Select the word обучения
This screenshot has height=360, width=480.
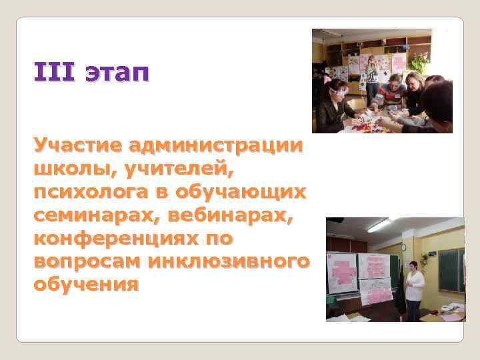pos(86,285)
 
